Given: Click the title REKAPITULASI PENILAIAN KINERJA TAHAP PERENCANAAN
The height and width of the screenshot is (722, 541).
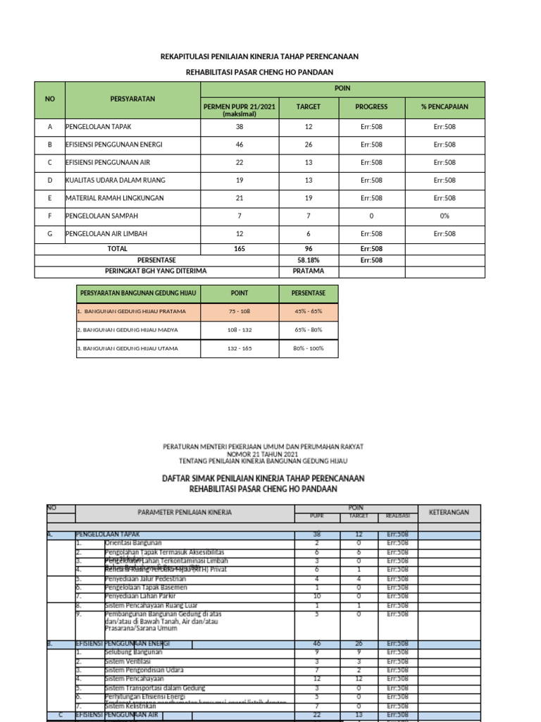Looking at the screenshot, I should (x=259, y=56).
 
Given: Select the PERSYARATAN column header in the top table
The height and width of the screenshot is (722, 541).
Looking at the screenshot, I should (x=132, y=99).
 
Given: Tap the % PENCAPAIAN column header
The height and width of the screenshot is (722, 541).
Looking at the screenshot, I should (x=444, y=107).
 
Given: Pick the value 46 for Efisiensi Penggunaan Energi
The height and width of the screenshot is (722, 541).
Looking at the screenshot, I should (x=240, y=145).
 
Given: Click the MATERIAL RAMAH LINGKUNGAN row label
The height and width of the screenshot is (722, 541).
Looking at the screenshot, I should (x=115, y=198).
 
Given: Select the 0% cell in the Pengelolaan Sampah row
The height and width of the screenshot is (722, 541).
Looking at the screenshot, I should (x=444, y=216).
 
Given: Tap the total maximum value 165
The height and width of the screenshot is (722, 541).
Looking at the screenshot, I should (x=240, y=249).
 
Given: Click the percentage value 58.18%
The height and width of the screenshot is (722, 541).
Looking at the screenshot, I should (x=308, y=260).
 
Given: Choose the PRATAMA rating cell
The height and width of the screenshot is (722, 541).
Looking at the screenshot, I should (x=308, y=271).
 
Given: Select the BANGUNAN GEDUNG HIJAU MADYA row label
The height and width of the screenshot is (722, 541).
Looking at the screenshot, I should (x=128, y=330).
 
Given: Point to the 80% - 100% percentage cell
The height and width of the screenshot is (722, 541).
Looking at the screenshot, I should (x=308, y=348).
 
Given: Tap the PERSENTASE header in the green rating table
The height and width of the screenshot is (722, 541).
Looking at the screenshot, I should (x=308, y=293).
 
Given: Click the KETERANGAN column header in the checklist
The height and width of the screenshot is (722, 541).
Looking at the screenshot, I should (x=449, y=513).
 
